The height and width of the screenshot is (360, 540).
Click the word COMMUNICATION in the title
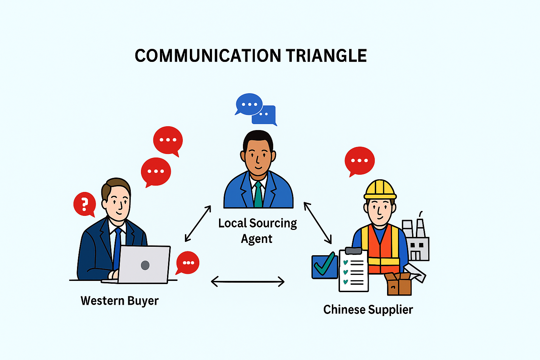(x=208, y=56)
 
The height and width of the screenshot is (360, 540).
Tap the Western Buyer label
(x=120, y=301)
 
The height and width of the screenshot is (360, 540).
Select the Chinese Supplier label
(x=368, y=310)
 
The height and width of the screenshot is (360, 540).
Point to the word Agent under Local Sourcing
(x=257, y=239)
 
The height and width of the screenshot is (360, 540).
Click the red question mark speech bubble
(x=84, y=204)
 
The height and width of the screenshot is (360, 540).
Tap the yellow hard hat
(x=380, y=189)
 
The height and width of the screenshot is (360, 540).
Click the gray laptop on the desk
(x=144, y=264)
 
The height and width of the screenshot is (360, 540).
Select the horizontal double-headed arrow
(x=247, y=281)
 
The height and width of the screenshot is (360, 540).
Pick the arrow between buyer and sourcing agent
(x=198, y=224)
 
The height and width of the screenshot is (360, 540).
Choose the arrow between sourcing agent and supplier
(x=317, y=223)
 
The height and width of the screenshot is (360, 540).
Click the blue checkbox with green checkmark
(x=324, y=266)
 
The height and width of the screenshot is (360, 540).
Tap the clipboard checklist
(x=353, y=270)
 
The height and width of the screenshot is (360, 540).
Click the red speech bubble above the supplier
(x=359, y=161)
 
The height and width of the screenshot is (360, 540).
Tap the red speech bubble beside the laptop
(x=188, y=263)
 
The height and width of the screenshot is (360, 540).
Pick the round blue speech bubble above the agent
(x=249, y=104)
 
